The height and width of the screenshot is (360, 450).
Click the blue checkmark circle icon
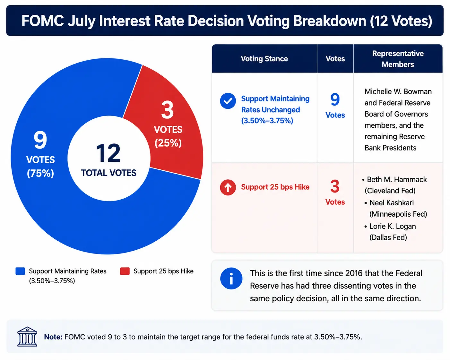228,101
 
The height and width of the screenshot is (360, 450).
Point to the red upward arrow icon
228,187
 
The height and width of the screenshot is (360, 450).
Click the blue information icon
231,279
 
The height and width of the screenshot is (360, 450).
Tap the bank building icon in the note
27,337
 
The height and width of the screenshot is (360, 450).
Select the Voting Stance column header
264,59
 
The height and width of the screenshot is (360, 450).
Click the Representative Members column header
398,59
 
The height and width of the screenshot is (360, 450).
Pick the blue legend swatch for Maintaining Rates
20,271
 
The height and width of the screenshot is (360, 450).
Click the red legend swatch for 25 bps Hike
125,271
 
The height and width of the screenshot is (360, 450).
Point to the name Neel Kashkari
392,203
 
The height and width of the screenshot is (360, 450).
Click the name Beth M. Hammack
397,180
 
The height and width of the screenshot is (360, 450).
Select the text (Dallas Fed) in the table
388,237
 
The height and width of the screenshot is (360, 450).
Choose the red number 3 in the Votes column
335,186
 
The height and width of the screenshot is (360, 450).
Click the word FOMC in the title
43,21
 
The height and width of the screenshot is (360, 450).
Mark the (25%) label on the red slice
168,143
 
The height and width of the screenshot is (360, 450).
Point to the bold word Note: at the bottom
53,337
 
